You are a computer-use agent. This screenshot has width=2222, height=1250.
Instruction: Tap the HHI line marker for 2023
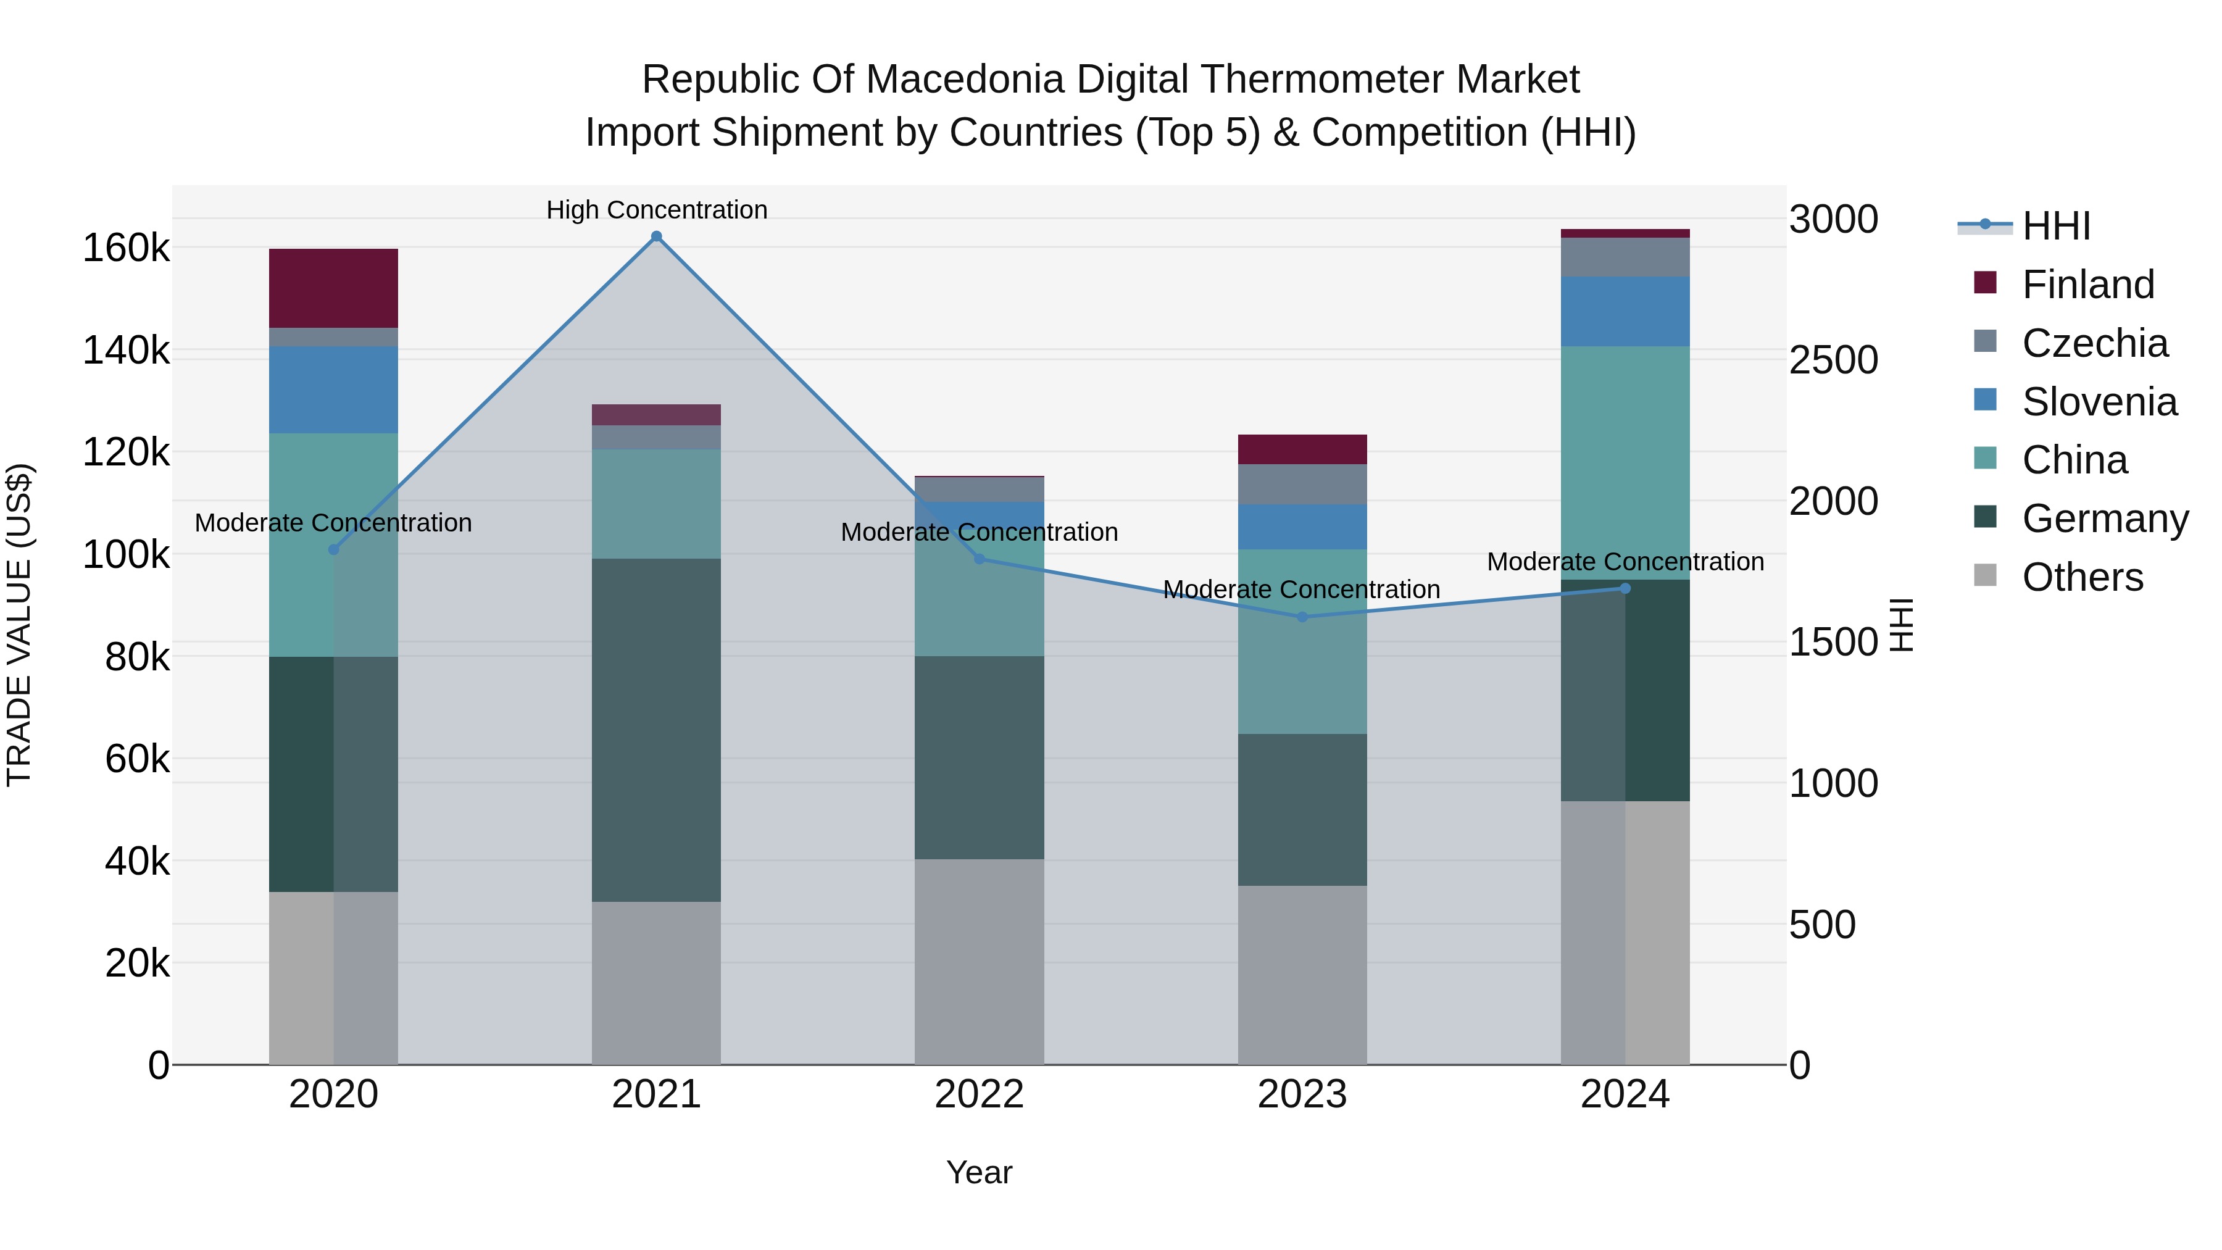click(1302, 617)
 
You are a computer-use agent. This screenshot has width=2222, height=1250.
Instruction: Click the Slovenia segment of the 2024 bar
click(1625, 312)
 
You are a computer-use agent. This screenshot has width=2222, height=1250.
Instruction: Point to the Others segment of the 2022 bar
click(979, 961)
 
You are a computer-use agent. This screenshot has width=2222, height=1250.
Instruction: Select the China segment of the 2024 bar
click(1625, 462)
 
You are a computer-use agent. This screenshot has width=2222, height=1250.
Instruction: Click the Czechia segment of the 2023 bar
click(1302, 484)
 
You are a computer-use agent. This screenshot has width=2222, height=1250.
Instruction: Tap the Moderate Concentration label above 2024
click(1625, 562)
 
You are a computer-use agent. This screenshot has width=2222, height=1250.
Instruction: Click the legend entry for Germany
click(2104, 519)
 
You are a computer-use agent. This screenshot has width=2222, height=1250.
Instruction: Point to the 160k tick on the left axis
click(126, 248)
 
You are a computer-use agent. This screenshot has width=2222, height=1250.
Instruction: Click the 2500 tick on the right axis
click(1833, 360)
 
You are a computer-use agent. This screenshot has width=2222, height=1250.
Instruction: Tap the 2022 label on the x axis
click(979, 1094)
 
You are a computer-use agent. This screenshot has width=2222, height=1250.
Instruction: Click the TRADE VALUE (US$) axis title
click(19, 625)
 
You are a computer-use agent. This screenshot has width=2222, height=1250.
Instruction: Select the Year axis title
click(979, 1172)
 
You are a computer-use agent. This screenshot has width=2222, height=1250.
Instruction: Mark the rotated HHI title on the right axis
click(1900, 625)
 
